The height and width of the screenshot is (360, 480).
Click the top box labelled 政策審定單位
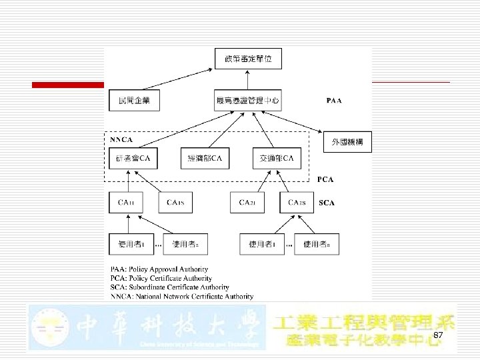coord(248,59)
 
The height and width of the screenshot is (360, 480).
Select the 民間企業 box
coord(135,101)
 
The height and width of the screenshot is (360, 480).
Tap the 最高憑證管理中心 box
coord(248,101)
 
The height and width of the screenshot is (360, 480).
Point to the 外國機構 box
coord(347,142)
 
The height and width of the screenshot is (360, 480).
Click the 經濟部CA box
coord(205,159)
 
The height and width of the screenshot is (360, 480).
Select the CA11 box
coord(125,203)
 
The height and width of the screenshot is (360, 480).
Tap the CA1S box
coord(176,203)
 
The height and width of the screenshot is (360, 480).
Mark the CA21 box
coord(247,203)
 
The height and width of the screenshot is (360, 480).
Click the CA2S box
coord(297,203)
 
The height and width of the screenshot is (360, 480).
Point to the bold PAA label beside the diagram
coord(334,101)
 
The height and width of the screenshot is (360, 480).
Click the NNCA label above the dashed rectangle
coord(121,140)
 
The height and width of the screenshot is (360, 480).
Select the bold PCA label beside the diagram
coord(325,179)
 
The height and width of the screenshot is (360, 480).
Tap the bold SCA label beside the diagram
coord(327,203)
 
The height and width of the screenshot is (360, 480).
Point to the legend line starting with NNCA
coord(181,296)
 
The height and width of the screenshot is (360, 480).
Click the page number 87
coord(438,335)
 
